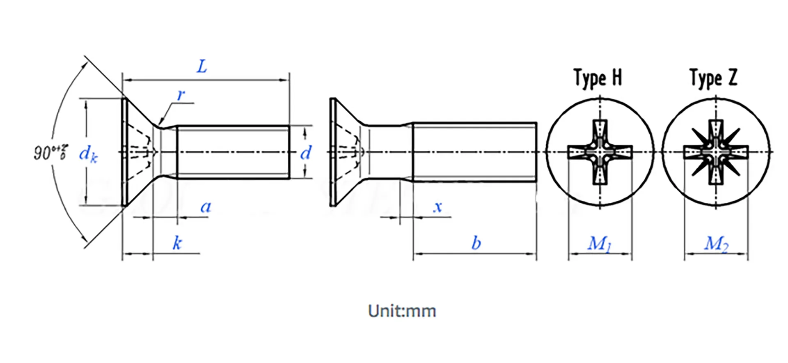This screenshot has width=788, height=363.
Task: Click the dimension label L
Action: point(202,67)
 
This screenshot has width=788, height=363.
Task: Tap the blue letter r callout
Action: point(181,95)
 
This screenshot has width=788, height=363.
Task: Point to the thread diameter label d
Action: point(306,153)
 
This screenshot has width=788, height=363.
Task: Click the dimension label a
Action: point(206,207)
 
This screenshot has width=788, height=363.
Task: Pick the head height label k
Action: point(177,243)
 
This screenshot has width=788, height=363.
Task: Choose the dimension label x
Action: point(438,207)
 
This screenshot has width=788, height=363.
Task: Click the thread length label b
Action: point(476,243)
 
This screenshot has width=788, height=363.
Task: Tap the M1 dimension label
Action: point(599,244)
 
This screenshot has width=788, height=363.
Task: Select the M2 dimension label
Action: point(716,244)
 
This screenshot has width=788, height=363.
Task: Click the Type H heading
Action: point(598,78)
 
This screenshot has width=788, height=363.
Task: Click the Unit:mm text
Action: point(402,311)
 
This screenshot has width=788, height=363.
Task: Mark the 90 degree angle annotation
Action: point(50,152)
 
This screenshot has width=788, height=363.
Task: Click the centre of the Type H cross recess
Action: point(600,152)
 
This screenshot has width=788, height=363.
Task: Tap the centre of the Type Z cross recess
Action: point(716,152)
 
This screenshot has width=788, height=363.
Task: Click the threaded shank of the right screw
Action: point(474,152)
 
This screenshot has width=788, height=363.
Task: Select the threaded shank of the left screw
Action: point(233,152)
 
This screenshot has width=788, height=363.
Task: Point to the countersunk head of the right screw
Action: point(347,152)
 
